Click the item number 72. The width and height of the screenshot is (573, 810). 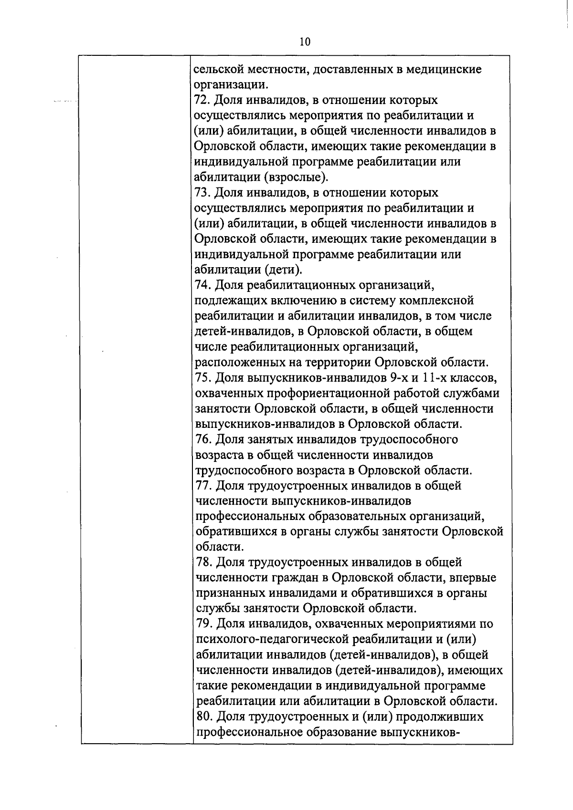(x=202, y=101)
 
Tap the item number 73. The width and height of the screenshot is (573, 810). (x=202, y=193)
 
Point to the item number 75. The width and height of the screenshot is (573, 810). (x=203, y=378)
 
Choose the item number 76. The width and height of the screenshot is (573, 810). (x=203, y=439)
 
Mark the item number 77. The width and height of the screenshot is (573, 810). (x=203, y=486)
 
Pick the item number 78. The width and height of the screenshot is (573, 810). (x=203, y=562)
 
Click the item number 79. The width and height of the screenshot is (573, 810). (x=203, y=624)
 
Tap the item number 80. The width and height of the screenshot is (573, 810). (x=203, y=717)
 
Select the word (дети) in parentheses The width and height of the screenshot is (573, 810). (x=283, y=270)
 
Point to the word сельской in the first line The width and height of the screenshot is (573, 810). (x=218, y=70)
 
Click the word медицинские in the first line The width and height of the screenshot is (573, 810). (x=445, y=70)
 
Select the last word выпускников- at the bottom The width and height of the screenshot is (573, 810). (x=419, y=732)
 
